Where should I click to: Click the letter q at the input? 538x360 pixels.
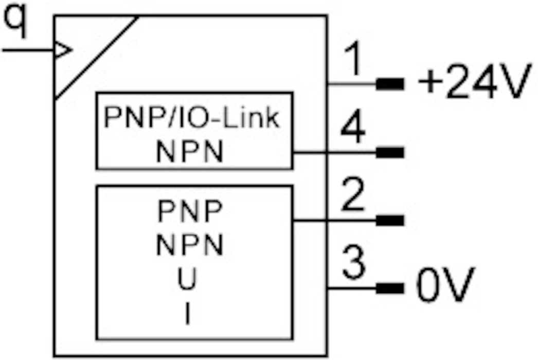click(x=17, y=24)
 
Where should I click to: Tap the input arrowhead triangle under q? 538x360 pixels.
click(x=62, y=50)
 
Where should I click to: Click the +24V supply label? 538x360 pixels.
click(x=473, y=83)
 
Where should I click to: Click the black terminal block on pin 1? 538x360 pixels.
click(x=390, y=84)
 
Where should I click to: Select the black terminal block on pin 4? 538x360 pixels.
click(x=390, y=152)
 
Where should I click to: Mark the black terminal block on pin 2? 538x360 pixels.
click(x=390, y=221)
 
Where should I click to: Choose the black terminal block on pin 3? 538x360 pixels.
click(x=390, y=288)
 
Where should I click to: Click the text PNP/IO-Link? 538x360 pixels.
click(x=192, y=118)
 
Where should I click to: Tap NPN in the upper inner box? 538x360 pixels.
click(x=190, y=152)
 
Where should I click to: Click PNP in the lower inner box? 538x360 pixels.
click(x=190, y=210)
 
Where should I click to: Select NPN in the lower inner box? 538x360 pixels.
click(x=190, y=246)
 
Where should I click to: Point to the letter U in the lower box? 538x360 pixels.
click(x=188, y=281)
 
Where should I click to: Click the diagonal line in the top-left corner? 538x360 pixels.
click(x=96, y=57)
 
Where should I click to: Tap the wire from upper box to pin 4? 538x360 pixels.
click(x=334, y=152)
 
